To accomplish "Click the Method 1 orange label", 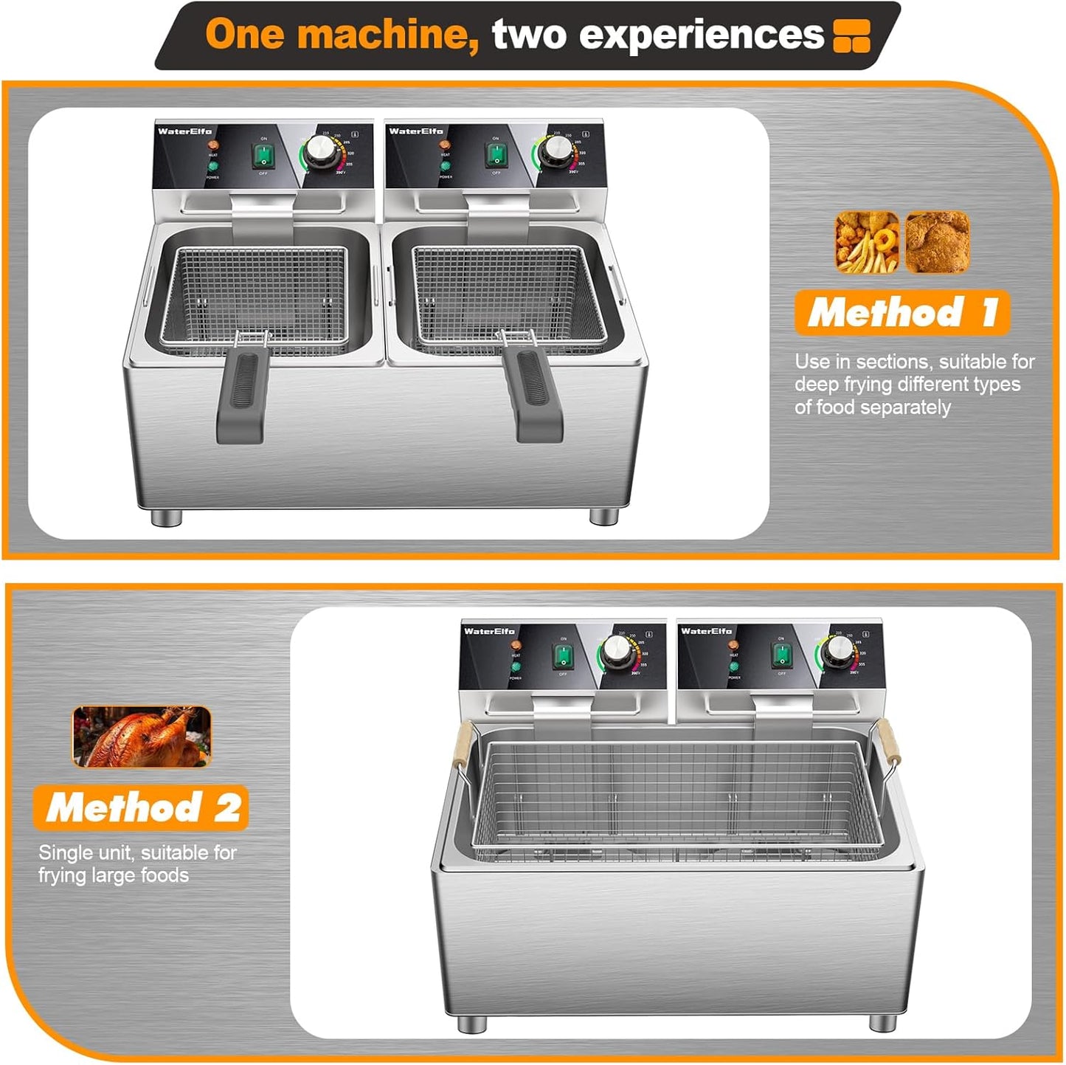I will click(901, 312).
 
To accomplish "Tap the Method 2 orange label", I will click(141, 807).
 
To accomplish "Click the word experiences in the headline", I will click(657, 35).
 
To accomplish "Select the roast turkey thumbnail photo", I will click(142, 736).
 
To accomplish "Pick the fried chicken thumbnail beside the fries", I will click(937, 242).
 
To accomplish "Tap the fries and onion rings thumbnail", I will click(867, 242).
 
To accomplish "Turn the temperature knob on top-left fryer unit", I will click(321, 150).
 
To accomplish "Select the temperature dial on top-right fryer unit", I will click(554, 151).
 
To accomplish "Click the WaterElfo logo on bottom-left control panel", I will click(489, 631).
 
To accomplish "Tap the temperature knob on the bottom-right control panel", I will click(837, 650).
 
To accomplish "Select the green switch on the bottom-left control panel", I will click(563, 655).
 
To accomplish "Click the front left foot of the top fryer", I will click(166, 518).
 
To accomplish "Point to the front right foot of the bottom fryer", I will click(882, 1024).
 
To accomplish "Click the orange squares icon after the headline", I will click(851, 35).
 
